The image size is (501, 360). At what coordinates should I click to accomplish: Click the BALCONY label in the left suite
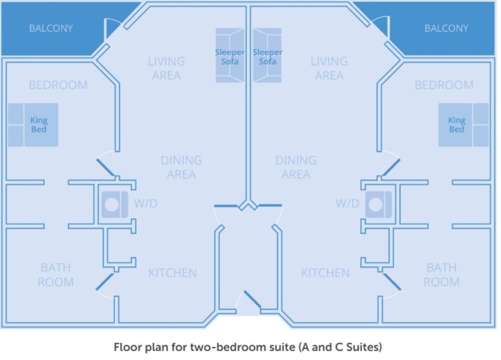tap(51, 28)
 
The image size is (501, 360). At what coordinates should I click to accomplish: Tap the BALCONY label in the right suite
tap(446, 28)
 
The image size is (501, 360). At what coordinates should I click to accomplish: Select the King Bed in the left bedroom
tap(33, 125)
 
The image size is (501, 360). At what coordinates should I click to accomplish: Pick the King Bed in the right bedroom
tap(463, 125)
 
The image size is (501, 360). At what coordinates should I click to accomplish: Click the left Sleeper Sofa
tap(230, 56)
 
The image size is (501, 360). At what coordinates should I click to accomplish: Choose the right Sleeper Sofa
tap(267, 56)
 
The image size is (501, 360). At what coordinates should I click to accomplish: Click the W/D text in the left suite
tap(146, 203)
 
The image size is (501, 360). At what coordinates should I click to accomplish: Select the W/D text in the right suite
tap(347, 203)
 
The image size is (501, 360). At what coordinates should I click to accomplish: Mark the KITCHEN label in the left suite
tap(172, 273)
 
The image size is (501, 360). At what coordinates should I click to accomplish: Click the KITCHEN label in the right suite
tap(325, 273)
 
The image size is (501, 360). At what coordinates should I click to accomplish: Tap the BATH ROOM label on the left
tap(56, 275)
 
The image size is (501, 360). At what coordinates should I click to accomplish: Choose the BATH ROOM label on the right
tap(442, 275)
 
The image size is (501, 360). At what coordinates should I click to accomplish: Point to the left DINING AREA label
tap(181, 167)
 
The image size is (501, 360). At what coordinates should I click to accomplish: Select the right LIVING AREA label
tap(329, 68)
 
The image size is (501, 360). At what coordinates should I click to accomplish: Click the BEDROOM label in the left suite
tap(58, 85)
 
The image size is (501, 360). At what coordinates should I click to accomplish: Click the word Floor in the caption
tap(126, 346)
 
